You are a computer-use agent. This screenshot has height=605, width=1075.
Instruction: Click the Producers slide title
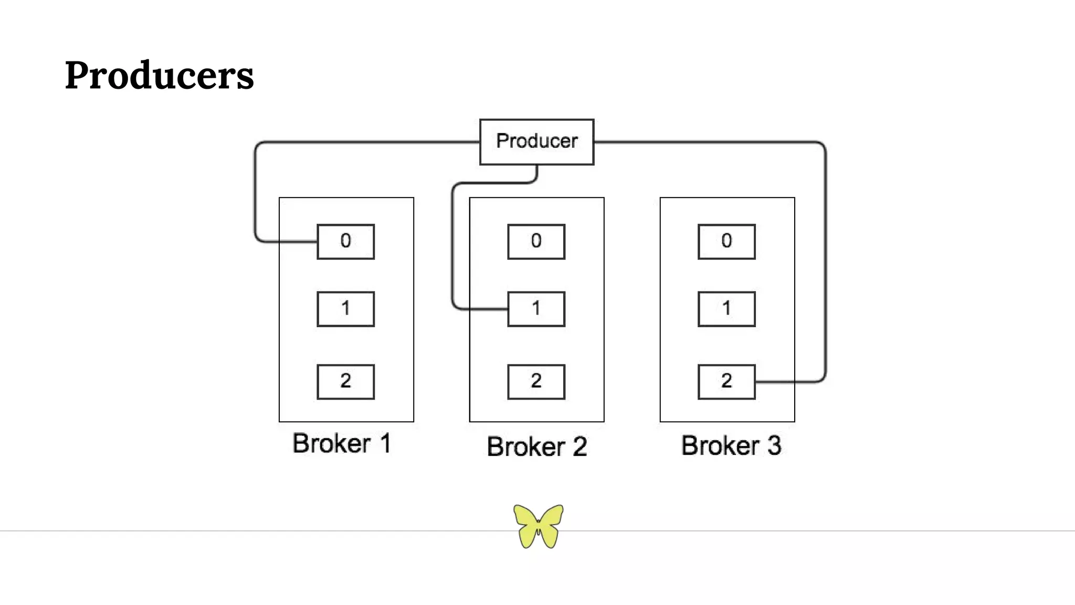coord(159,75)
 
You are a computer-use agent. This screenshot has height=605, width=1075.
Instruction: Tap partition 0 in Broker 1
coord(345,242)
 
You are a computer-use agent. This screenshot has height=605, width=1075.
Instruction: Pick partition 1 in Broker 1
coord(345,309)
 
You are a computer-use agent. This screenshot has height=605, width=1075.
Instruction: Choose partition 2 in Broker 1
coord(345,382)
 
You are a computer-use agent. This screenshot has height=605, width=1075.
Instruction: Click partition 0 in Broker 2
coord(536,242)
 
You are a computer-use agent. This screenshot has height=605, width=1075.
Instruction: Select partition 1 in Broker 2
coord(536,309)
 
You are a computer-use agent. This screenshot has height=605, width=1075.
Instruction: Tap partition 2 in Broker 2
coord(536,382)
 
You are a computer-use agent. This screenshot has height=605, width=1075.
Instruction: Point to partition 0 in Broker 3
coord(726,242)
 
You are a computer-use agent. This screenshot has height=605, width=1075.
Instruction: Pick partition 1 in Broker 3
coord(726,309)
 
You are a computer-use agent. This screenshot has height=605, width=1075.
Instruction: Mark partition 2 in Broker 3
coord(726,382)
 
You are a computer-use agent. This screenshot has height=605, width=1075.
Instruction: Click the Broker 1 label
coord(342,444)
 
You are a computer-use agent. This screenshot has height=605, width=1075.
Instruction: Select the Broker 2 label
coord(536,447)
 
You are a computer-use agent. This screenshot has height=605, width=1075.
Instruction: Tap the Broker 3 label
coord(731,446)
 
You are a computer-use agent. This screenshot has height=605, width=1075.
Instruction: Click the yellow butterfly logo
coord(538,526)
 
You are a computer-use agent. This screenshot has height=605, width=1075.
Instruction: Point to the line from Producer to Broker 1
coord(367,142)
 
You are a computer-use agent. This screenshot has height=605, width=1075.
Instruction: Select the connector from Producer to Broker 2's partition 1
coord(452,247)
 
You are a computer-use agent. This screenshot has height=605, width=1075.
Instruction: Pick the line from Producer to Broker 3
coord(825,263)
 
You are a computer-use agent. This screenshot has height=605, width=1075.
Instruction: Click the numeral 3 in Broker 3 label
coord(774,446)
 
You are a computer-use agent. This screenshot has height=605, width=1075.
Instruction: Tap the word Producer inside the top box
coord(536,141)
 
